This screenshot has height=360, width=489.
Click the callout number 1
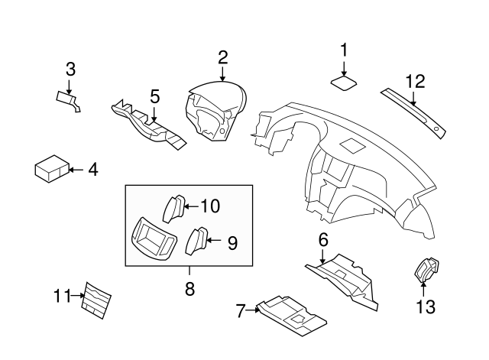[x=344, y=50]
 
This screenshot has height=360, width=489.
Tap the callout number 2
[x=222, y=57]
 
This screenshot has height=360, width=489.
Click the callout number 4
[x=92, y=169]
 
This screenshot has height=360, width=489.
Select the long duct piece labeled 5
[x=149, y=122]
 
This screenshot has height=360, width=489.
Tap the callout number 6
[x=323, y=240]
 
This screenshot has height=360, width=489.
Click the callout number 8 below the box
[x=189, y=289]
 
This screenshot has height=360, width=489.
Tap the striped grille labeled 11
[x=96, y=298]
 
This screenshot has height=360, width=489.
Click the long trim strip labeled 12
[x=413, y=112]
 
